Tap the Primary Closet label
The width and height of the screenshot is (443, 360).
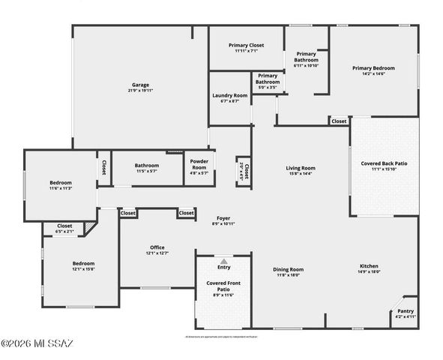point(246,45)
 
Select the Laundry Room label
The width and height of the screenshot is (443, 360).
point(229,95)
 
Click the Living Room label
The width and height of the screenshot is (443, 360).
point(301,168)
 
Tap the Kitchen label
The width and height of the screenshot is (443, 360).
point(368,266)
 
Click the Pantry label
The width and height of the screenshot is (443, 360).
point(405,310)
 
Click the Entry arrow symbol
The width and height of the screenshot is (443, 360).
point(223,260)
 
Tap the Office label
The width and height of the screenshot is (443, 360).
point(157,247)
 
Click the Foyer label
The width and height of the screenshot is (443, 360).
point(223,217)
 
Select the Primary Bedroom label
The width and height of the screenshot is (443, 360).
point(373,68)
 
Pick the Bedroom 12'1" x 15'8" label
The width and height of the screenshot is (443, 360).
point(83,263)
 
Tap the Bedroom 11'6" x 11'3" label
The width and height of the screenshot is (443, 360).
point(61,183)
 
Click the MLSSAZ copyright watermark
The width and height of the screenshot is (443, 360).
point(37,344)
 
